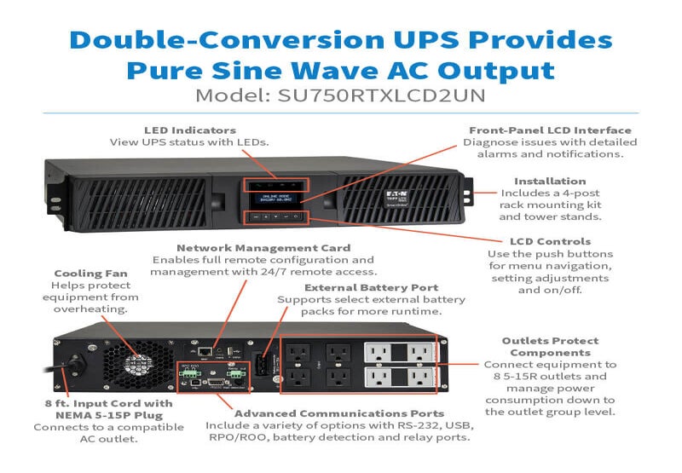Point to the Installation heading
coord(550,181)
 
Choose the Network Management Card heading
coord(262,247)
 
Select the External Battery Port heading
coord(371,287)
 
